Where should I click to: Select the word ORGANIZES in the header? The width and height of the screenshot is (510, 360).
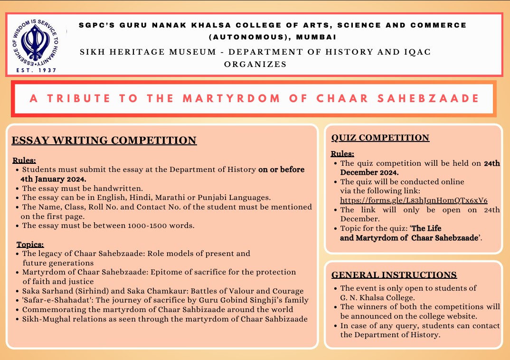(255, 64)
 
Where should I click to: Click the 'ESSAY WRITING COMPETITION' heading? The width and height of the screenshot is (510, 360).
(104, 140)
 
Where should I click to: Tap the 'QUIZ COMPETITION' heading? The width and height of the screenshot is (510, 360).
(380, 138)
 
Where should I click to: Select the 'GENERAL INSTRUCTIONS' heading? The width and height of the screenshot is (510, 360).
(394, 275)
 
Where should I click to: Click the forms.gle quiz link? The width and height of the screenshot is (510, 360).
(414, 200)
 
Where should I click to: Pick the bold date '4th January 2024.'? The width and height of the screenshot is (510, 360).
(53, 179)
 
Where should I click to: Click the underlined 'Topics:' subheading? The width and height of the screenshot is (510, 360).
(30, 245)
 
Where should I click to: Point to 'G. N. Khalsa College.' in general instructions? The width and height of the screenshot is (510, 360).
(378, 297)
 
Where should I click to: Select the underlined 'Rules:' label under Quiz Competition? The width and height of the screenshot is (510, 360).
(342, 154)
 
